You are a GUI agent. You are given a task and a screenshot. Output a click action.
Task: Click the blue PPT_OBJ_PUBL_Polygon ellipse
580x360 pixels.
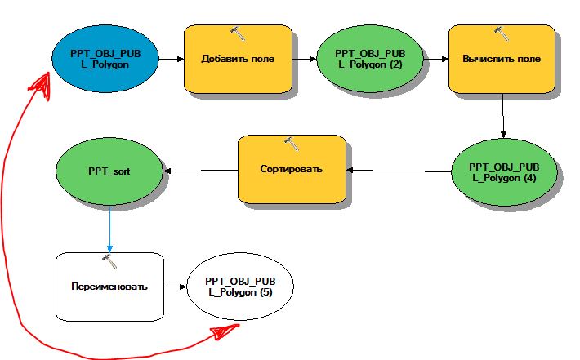coord(103,59)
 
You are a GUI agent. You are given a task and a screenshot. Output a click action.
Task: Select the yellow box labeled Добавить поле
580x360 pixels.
coord(238,60)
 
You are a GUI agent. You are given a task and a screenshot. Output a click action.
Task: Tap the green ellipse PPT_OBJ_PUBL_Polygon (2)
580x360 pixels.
coord(368,60)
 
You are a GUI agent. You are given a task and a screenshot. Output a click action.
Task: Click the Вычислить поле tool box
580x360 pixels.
coord(501,60)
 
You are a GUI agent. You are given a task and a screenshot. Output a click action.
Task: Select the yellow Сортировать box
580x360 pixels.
coord(291,169)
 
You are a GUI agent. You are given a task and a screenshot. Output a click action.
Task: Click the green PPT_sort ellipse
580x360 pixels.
coord(110,172)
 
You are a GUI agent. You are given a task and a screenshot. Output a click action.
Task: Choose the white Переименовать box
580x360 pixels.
coord(109,287)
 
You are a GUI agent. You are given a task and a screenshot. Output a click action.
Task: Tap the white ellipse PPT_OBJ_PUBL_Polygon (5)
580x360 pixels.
coord(240,287)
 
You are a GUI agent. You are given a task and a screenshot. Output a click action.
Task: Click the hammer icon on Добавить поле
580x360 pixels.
coord(238,33)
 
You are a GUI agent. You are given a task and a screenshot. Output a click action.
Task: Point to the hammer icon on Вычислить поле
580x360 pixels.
coord(501,33)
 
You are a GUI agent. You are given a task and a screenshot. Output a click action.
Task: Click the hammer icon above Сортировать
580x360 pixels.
coord(291,143)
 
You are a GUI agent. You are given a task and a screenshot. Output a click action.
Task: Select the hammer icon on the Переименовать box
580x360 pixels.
coord(109,260)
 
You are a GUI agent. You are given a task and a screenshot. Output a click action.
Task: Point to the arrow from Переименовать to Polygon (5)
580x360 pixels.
coord(175,287)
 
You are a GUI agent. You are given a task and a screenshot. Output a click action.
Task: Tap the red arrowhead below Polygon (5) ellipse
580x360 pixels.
coord(222,331)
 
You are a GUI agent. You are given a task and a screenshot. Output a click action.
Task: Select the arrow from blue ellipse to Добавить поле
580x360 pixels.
coord(170,60)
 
